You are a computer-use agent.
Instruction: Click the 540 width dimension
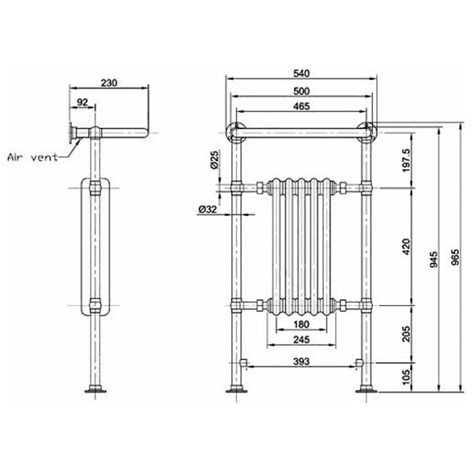(x=301, y=74)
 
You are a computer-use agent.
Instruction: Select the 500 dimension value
(x=301, y=91)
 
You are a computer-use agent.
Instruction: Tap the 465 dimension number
(x=301, y=106)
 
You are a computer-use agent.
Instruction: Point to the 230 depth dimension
(x=109, y=83)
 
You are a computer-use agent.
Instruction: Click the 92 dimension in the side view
(x=82, y=102)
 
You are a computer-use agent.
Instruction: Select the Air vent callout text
(x=33, y=157)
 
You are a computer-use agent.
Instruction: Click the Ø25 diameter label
(x=214, y=160)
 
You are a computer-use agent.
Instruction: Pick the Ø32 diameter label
(x=208, y=209)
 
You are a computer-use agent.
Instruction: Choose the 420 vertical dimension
(x=406, y=246)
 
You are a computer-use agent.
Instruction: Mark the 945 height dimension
(x=434, y=259)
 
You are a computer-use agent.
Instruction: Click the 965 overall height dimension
(x=456, y=257)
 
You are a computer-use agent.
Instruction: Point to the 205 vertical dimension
(x=406, y=334)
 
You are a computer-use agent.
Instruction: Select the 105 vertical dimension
(x=406, y=377)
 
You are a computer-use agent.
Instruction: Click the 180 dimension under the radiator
(x=301, y=324)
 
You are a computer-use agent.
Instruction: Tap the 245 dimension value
(x=301, y=339)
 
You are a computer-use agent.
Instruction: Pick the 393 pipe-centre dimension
(x=301, y=361)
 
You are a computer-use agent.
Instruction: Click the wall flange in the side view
(x=71, y=133)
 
